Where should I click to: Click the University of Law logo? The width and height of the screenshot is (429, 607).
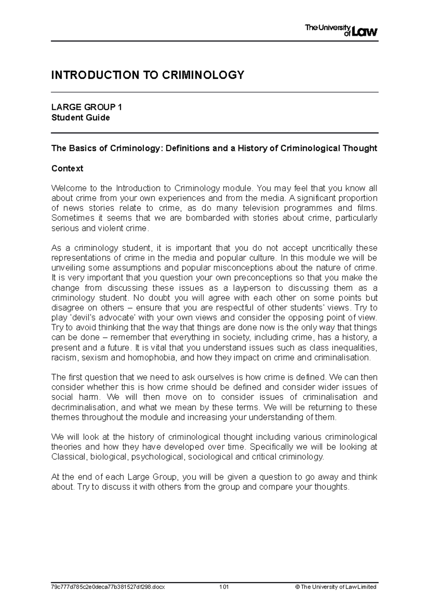click(x=341, y=31)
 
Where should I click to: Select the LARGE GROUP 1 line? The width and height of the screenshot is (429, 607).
click(x=87, y=107)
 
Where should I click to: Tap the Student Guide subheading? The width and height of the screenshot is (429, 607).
click(x=81, y=118)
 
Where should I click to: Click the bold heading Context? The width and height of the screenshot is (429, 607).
click(x=67, y=168)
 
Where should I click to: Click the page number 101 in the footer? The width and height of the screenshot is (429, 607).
click(x=224, y=587)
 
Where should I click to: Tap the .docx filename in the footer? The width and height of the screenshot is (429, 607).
click(x=108, y=587)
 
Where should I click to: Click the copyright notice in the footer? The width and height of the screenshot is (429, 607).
click(x=337, y=587)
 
